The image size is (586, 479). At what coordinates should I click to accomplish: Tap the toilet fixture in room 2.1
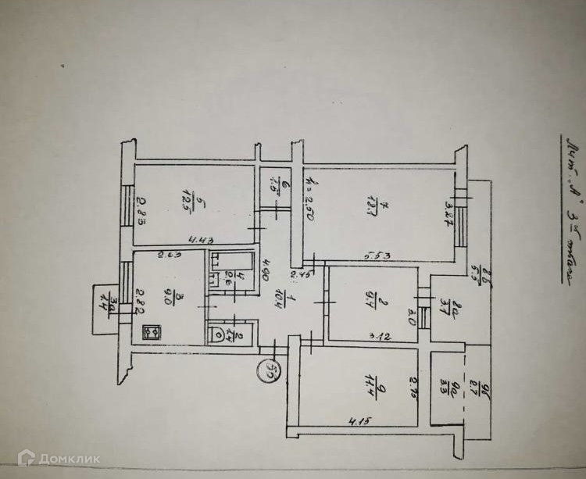coord(216,333)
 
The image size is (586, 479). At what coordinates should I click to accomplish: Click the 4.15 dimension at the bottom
coord(360,423)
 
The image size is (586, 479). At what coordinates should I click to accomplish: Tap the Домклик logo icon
coord(26,458)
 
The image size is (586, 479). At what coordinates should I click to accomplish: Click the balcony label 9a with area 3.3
coord(447,388)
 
